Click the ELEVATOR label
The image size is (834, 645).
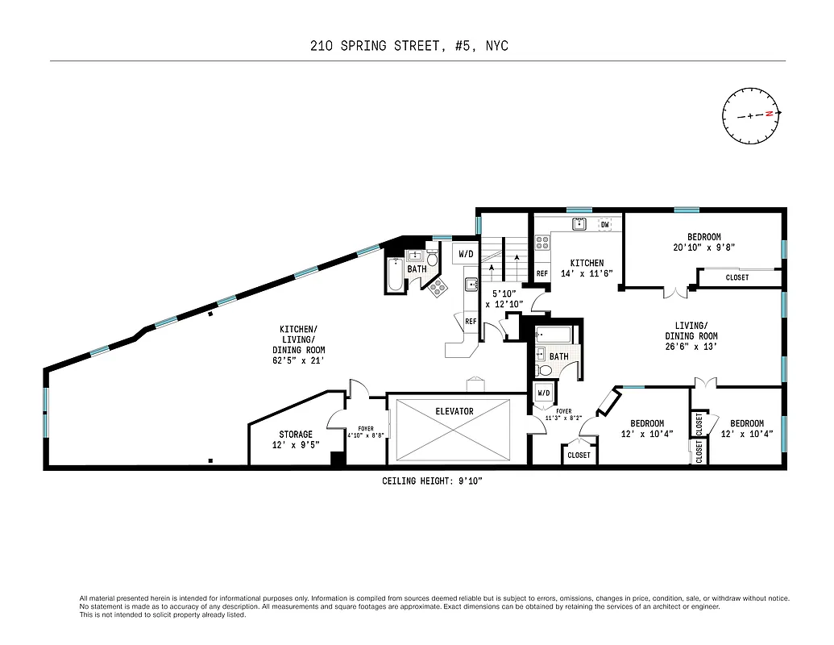[x=454, y=411]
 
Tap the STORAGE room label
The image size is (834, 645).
[x=296, y=435]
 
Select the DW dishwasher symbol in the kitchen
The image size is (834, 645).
[x=604, y=224]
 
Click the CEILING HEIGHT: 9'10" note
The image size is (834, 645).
[x=432, y=481]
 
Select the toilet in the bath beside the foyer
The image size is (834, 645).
[x=545, y=371]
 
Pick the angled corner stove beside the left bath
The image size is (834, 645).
[x=439, y=286]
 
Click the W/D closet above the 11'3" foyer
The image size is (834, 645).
[x=543, y=393]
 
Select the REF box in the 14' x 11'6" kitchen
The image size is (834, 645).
[x=542, y=274]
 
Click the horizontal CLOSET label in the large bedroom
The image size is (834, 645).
[x=736, y=277]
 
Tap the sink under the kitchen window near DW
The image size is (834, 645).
[x=578, y=224]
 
